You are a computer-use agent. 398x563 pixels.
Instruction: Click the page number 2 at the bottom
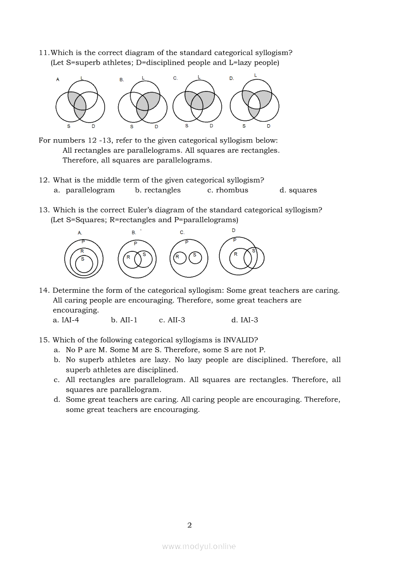(x=189, y=525)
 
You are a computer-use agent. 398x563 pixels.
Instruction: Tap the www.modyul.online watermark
(x=199, y=546)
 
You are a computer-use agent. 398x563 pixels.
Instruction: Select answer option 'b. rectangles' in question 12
(x=158, y=190)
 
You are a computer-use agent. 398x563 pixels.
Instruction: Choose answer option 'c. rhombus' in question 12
(x=227, y=190)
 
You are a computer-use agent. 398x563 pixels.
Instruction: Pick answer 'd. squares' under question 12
(x=298, y=190)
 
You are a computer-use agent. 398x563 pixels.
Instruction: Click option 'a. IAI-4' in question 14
(x=66, y=320)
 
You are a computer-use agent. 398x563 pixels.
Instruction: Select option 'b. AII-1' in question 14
(x=124, y=320)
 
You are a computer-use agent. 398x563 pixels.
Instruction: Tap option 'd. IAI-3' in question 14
(x=245, y=320)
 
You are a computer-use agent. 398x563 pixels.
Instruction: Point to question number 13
(x=44, y=210)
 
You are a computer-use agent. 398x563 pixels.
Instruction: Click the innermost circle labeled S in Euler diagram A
(x=83, y=264)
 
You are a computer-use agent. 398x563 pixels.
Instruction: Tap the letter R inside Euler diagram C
(x=177, y=257)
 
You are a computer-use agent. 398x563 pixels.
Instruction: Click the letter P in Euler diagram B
(x=135, y=244)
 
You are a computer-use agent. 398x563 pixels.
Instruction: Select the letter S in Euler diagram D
(x=253, y=250)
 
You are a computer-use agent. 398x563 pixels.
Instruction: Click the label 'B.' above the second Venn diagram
(x=121, y=80)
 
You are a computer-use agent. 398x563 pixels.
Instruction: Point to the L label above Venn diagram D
(x=255, y=75)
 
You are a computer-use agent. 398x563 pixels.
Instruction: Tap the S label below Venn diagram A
(x=68, y=127)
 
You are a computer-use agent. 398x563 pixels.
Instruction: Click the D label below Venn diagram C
(x=211, y=126)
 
